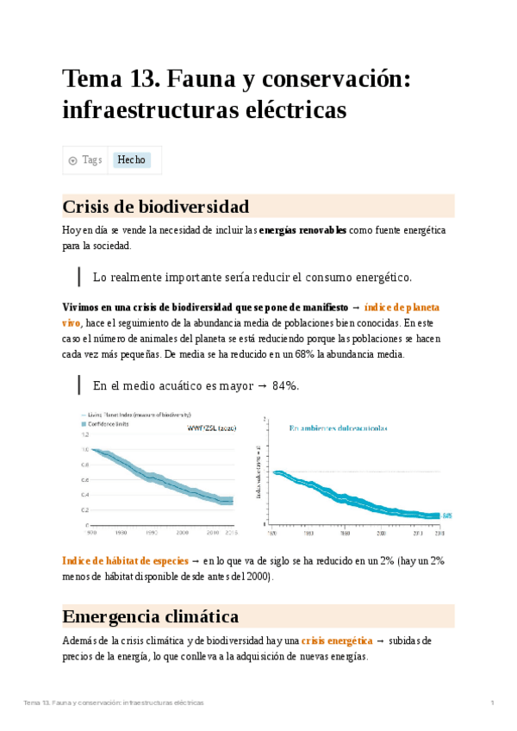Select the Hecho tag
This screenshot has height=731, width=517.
(x=132, y=160)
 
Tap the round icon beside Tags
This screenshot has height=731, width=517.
(x=72, y=160)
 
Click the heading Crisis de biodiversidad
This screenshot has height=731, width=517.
(x=156, y=207)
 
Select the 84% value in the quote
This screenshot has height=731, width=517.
(x=284, y=385)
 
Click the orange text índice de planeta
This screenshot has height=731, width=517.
(x=402, y=308)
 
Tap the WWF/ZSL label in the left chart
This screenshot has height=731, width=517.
(x=210, y=428)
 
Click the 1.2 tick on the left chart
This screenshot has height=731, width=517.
(x=84, y=434)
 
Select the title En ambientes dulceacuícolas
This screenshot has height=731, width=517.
(x=339, y=427)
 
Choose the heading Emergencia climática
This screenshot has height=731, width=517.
(x=151, y=617)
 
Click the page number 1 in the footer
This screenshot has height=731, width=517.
(x=492, y=703)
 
